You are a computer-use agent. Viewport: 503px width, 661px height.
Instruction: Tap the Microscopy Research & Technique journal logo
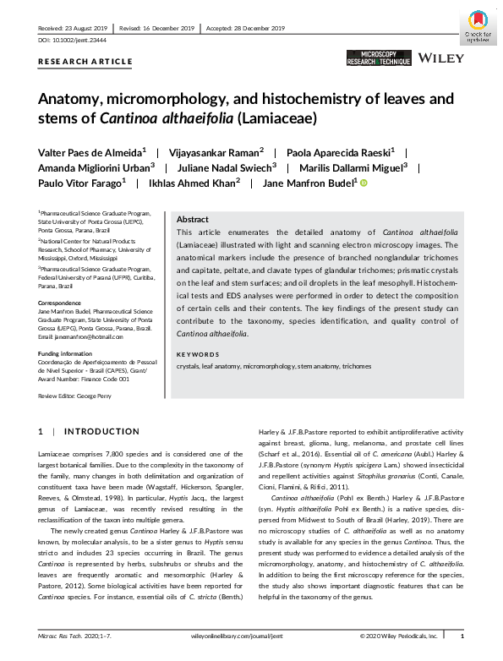point(379,58)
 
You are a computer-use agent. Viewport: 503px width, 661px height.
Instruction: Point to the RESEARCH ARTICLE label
point(85,62)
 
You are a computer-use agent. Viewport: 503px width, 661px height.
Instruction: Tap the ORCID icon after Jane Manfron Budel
point(364,183)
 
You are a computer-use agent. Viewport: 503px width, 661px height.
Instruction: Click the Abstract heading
point(192,219)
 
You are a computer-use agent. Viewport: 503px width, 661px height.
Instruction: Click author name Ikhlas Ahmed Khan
point(195,182)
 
